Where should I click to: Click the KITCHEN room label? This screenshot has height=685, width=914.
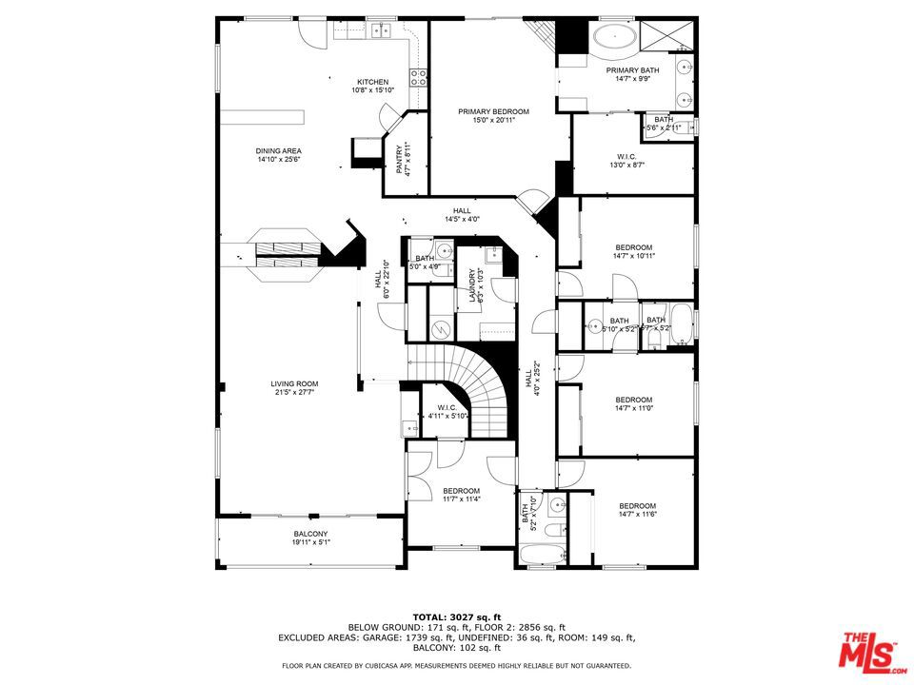tap(372, 82)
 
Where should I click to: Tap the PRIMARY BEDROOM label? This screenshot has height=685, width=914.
tap(493, 111)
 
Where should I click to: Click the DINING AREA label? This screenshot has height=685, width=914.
tap(278, 151)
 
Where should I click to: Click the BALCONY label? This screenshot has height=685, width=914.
tap(310, 534)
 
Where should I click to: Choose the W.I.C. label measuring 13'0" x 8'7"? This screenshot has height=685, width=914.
tap(626, 157)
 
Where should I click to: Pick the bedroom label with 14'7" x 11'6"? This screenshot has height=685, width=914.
tap(637, 506)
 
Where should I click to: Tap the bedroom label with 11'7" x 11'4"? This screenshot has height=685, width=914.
tap(461, 491)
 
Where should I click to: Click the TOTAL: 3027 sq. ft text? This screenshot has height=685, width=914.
tap(456, 616)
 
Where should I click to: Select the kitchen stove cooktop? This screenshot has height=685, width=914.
tap(417, 75)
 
